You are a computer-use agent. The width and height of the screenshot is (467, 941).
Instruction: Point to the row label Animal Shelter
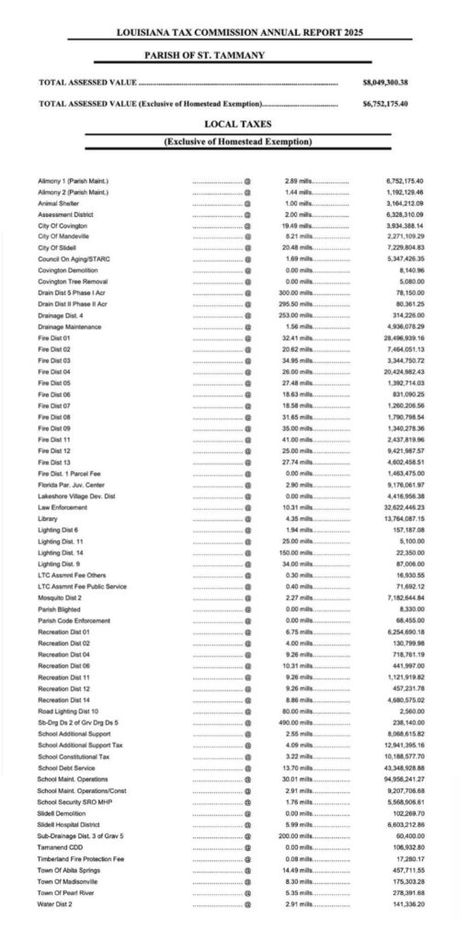tap(59, 203)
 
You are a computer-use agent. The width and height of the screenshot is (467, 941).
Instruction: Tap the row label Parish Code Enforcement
tap(73, 620)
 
